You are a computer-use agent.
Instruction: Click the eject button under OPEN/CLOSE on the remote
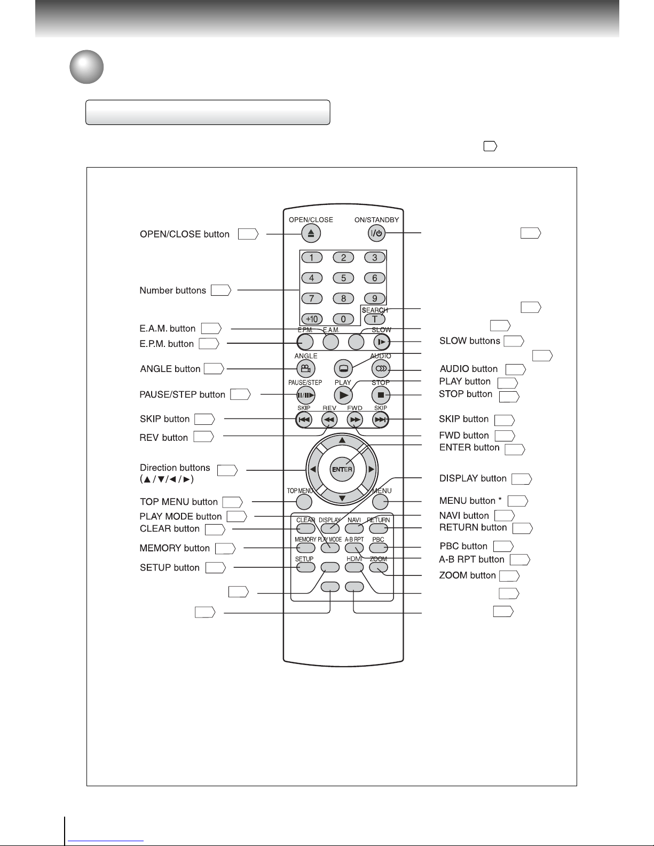[311, 233]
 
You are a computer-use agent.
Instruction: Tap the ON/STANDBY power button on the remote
[376, 233]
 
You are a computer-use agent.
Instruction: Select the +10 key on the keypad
[312, 319]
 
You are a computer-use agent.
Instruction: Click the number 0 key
[343, 319]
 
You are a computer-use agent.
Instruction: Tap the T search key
[374, 319]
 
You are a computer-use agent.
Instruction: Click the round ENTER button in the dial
[342, 469]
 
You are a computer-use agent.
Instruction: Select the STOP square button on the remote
[381, 395]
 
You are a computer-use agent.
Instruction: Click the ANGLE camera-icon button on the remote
[305, 368]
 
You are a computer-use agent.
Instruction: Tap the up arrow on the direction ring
[342, 440]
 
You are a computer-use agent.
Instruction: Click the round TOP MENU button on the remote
[304, 502]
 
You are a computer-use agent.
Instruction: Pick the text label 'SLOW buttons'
[469, 341]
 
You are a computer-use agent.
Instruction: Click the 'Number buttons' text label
[172, 290]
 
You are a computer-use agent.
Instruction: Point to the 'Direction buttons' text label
[175, 467]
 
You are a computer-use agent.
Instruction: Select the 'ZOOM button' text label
[467, 575]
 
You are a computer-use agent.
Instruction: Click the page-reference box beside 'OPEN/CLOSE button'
[248, 234]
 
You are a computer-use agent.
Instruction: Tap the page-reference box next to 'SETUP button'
[216, 567]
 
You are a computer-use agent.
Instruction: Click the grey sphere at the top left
[86, 67]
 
